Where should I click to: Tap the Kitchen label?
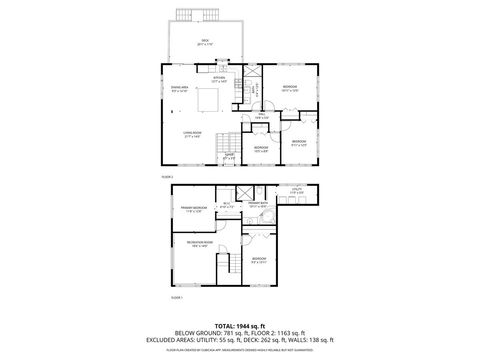click(233, 80)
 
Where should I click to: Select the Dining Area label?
click(181, 90)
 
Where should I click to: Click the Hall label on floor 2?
click(260, 116)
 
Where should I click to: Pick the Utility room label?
click(296, 190)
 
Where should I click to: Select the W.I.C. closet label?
click(226, 207)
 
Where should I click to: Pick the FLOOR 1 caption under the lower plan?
click(177, 297)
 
